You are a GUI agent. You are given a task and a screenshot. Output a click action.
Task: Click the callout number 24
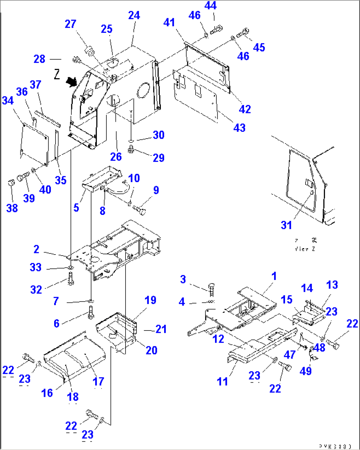click(x=134, y=15)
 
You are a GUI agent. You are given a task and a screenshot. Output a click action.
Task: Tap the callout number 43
click(x=239, y=127)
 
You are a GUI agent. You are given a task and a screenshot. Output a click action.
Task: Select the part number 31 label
click(x=286, y=225)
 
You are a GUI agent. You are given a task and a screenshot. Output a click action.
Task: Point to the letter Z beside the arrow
click(x=57, y=75)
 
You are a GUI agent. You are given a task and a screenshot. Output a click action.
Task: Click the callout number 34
click(x=8, y=100)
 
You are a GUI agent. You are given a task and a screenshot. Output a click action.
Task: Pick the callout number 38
click(x=12, y=208)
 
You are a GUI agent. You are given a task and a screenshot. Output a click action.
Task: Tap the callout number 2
click(x=36, y=249)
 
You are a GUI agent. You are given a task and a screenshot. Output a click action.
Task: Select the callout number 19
click(x=150, y=300)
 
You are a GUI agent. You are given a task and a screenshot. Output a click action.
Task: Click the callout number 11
click(x=222, y=382)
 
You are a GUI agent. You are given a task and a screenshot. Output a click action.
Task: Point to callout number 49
click(x=306, y=371)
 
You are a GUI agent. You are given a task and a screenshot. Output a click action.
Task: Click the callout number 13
click(x=332, y=285)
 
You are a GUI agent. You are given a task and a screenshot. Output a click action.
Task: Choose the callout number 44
click(x=210, y=6)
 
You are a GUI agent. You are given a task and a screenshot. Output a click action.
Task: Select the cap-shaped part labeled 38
click(x=11, y=183)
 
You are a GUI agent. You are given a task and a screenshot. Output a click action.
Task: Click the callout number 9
click(x=156, y=190)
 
